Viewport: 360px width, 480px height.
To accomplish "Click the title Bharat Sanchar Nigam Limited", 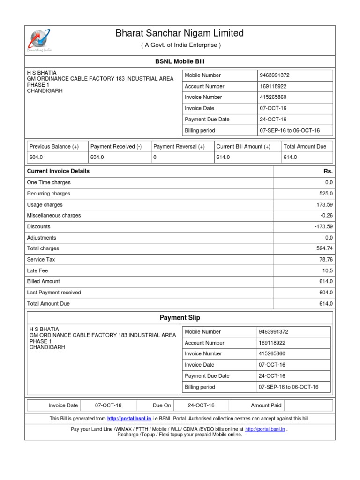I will tap(180, 33).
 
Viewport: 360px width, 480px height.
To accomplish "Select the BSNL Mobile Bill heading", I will tap(180, 61).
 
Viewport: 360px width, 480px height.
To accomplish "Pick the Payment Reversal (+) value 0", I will tap(155, 157).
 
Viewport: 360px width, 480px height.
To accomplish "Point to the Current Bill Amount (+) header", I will tap(243, 147).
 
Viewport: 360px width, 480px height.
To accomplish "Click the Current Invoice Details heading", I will tap(58, 171).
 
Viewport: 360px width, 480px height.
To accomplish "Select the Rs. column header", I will tap(328, 171).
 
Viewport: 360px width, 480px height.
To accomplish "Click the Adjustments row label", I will tap(41, 238).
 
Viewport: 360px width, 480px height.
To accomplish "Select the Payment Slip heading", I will tap(180, 318).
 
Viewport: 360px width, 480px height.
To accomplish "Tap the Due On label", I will tap(162, 405).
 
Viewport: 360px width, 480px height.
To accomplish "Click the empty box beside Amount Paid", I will tap(308, 405).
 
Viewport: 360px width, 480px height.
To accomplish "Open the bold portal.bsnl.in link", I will tap(129, 419).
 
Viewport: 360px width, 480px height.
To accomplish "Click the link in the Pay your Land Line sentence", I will tap(265, 429).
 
